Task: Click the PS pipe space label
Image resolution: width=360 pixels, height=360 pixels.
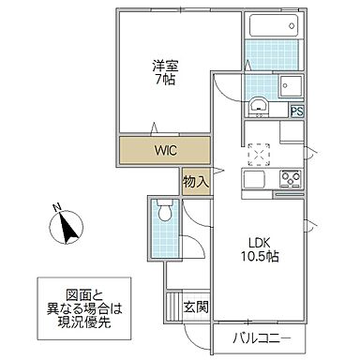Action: pos(297,112)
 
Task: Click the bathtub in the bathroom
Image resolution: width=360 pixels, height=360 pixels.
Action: pos(274,25)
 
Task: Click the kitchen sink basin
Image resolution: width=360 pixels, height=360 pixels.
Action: pos(255,178)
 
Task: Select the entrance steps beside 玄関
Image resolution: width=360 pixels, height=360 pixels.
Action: pos(172,306)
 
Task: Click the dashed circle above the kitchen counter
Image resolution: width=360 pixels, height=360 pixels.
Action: pos(258,151)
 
